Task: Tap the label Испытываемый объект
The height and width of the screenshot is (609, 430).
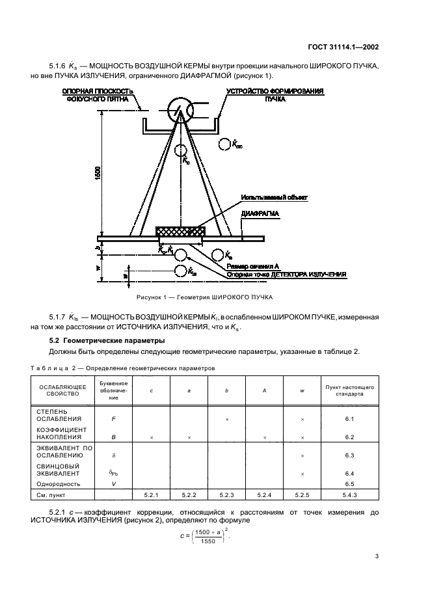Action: [274, 196]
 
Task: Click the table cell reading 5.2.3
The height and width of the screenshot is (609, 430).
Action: [226, 495]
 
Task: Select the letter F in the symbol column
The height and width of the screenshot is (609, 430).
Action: [114, 419]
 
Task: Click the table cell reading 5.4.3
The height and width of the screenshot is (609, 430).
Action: [349, 495]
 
